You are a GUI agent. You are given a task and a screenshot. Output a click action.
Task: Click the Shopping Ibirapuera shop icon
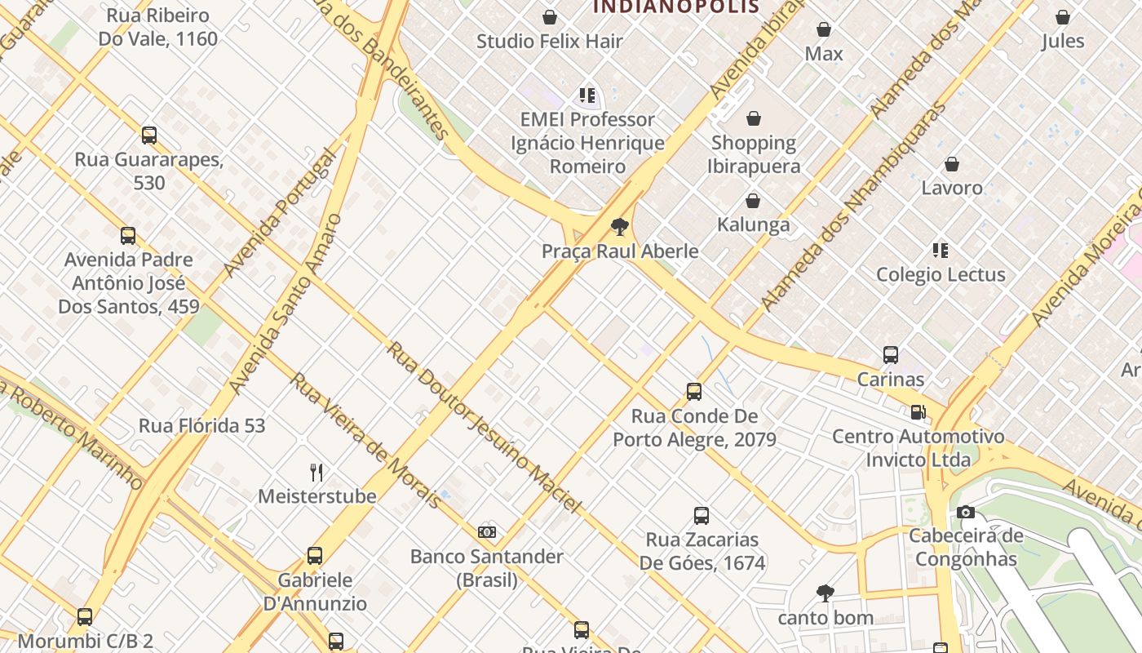pyautogui.click(x=754, y=118)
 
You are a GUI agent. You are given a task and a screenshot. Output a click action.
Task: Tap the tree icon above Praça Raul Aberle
pyautogui.click(x=620, y=227)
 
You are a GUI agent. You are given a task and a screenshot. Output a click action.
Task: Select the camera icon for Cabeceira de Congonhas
pyautogui.click(x=966, y=512)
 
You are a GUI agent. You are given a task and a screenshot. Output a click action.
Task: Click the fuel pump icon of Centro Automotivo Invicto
pyautogui.click(x=918, y=412)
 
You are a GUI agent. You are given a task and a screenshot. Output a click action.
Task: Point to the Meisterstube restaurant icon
pyautogui.click(x=316, y=472)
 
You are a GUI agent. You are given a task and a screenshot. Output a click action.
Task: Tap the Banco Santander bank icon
pyautogui.click(x=487, y=532)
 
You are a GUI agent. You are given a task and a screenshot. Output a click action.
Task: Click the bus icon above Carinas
pyautogui.click(x=891, y=355)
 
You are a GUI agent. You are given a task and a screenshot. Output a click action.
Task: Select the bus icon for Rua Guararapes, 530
pyautogui.click(x=149, y=135)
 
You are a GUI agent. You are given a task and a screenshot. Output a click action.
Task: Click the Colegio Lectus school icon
pyautogui.click(x=941, y=251)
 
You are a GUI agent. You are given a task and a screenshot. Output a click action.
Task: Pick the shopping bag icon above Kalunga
pyautogui.click(x=753, y=201)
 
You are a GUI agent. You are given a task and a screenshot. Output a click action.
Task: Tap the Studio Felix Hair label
pyautogui.click(x=550, y=41)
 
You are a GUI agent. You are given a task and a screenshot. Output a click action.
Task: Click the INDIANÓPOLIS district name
pyautogui.click(x=676, y=7)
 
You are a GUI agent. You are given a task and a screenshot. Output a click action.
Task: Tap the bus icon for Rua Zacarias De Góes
pyautogui.click(x=702, y=516)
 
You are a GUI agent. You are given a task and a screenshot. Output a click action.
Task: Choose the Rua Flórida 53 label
pyautogui.click(x=201, y=425)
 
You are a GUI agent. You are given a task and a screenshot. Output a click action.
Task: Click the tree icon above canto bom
pyautogui.click(x=826, y=593)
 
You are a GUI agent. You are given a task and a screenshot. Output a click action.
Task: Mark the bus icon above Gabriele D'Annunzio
pyautogui.click(x=315, y=556)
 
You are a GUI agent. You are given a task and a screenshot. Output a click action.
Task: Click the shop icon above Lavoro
pyautogui.click(x=952, y=164)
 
